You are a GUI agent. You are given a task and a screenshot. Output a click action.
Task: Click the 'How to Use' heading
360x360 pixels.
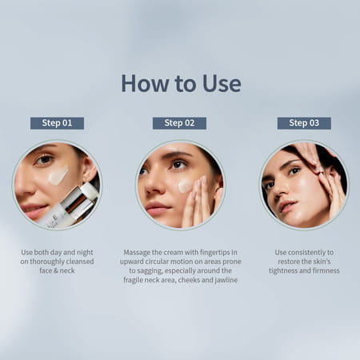tap(180, 83)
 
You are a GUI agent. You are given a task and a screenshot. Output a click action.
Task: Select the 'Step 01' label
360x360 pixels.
tap(57, 123)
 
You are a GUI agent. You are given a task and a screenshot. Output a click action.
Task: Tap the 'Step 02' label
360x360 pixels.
tap(179, 123)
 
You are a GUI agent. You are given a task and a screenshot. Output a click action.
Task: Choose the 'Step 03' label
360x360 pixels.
tap(304, 123)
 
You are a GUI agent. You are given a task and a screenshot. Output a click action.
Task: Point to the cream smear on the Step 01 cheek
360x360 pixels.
tap(58, 175)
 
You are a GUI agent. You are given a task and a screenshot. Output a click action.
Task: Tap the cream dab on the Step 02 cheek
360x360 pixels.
tap(185, 186)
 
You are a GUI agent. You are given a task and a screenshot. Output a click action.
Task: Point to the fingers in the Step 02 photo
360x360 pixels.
tap(196, 200)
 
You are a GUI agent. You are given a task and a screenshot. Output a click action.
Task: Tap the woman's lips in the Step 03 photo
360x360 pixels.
tap(286, 206)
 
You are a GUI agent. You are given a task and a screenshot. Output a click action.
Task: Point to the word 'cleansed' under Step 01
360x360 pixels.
tap(78, 262)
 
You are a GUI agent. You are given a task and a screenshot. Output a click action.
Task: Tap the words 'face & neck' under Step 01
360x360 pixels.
tap(57, 271)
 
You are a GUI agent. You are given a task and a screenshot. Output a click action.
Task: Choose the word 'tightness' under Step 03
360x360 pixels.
tap(281, 270)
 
